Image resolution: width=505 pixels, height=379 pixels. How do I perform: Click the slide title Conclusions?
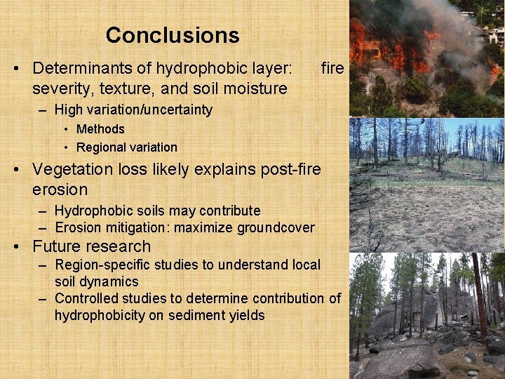click(x=173, y=35)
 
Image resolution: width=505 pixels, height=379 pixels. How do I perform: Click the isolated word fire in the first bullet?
click(x=332, y=69)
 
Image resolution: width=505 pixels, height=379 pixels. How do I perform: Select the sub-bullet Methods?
click(x=100, y=129)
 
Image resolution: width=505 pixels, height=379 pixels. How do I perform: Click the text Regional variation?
click(x=126, y=147)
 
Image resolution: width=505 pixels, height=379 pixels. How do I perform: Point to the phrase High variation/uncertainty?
click(x=133, y=109)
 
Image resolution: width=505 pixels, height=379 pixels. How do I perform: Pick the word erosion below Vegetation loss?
click(x=60, y=189)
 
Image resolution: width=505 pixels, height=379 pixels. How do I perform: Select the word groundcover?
click(x=275, y=227)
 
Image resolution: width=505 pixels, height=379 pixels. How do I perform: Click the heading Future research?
click(x=91, y=246)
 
